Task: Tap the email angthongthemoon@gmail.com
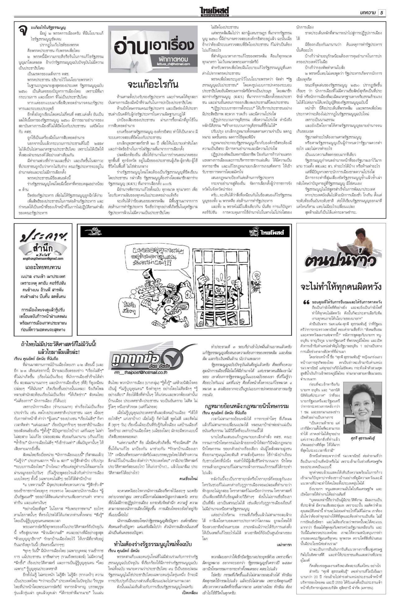point(43,258)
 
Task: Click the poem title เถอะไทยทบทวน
point(43,267)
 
